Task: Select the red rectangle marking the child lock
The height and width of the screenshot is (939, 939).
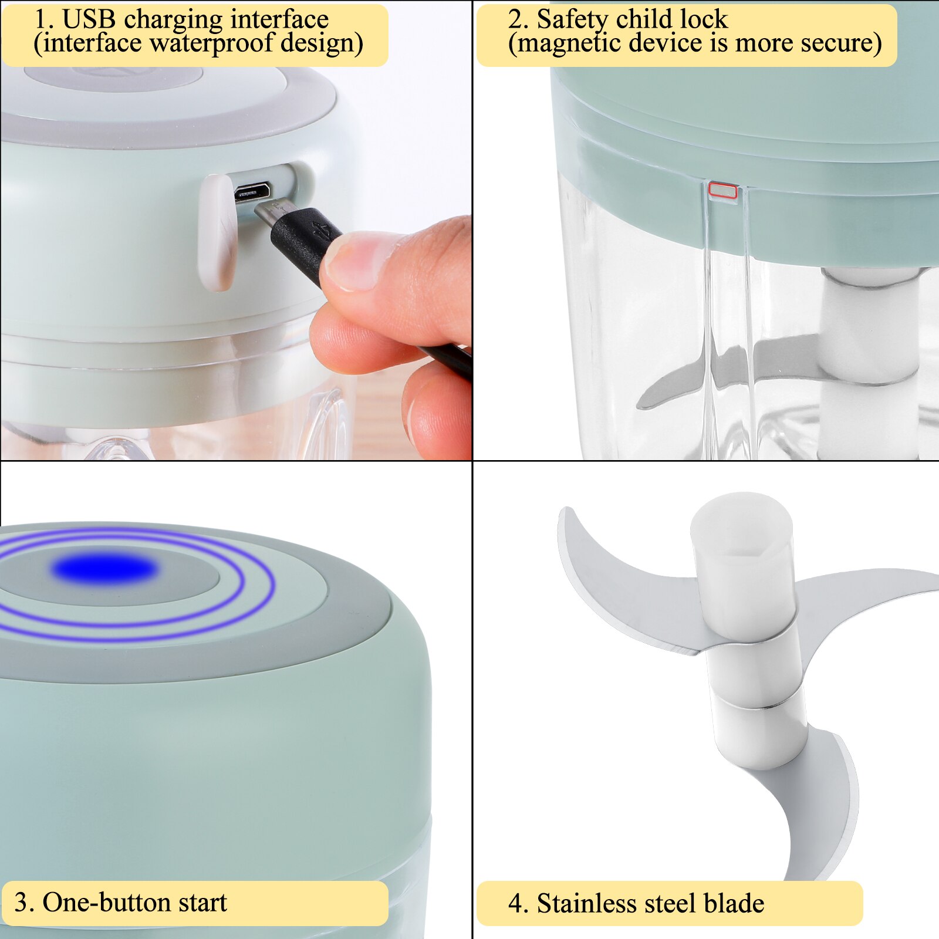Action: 722,190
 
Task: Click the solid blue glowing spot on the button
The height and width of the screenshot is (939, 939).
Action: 104,569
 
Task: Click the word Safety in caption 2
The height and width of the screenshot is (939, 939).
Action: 573,19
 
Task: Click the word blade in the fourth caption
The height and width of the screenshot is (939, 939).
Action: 734,903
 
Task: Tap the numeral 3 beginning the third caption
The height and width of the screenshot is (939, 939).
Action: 21,902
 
